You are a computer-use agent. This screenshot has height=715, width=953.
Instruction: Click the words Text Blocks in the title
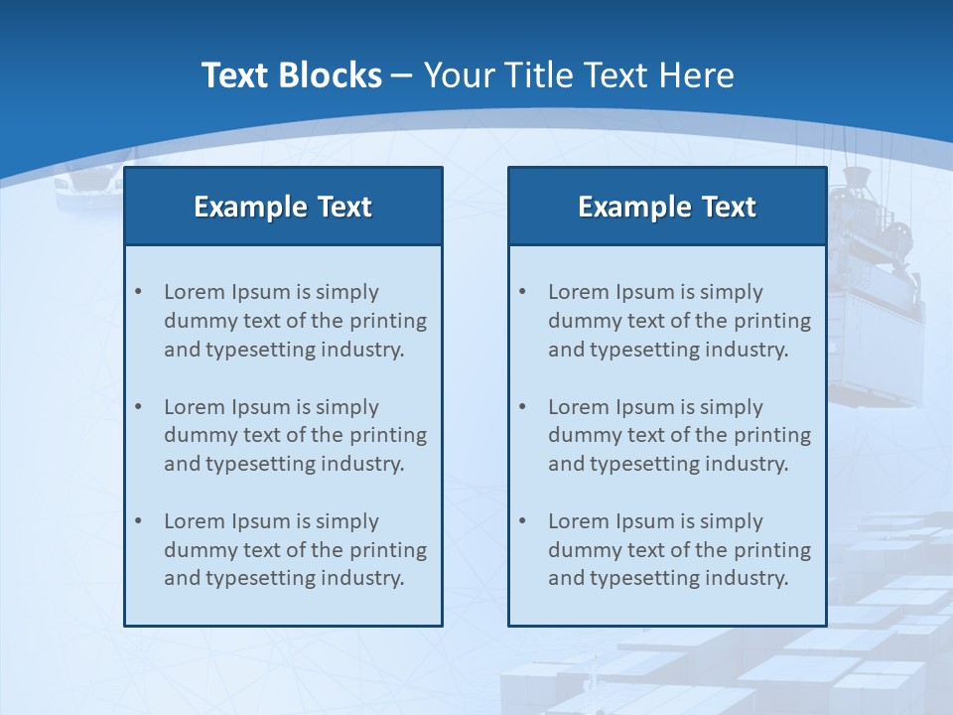click(291, 75)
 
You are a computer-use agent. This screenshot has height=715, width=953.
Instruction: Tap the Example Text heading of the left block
click(283, 207)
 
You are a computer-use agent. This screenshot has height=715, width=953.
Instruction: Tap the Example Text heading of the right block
click(667, 207)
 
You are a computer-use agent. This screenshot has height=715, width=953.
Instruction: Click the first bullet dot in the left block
click(138, 292)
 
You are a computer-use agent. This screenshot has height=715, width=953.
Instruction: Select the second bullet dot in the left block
click(138, 407)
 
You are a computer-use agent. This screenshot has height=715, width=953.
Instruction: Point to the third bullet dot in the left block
click(138, 521)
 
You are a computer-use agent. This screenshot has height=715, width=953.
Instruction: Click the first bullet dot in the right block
click(522, 292)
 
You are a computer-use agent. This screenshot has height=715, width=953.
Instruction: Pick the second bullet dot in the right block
click(522, 407)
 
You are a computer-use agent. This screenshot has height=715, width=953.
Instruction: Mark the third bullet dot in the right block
click(522, 521)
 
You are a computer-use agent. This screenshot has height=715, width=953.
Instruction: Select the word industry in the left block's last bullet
click(363, 578)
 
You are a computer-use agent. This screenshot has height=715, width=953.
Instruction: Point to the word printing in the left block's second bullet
click(388, 435)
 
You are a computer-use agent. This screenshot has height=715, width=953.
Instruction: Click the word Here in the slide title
click(700, 75)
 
